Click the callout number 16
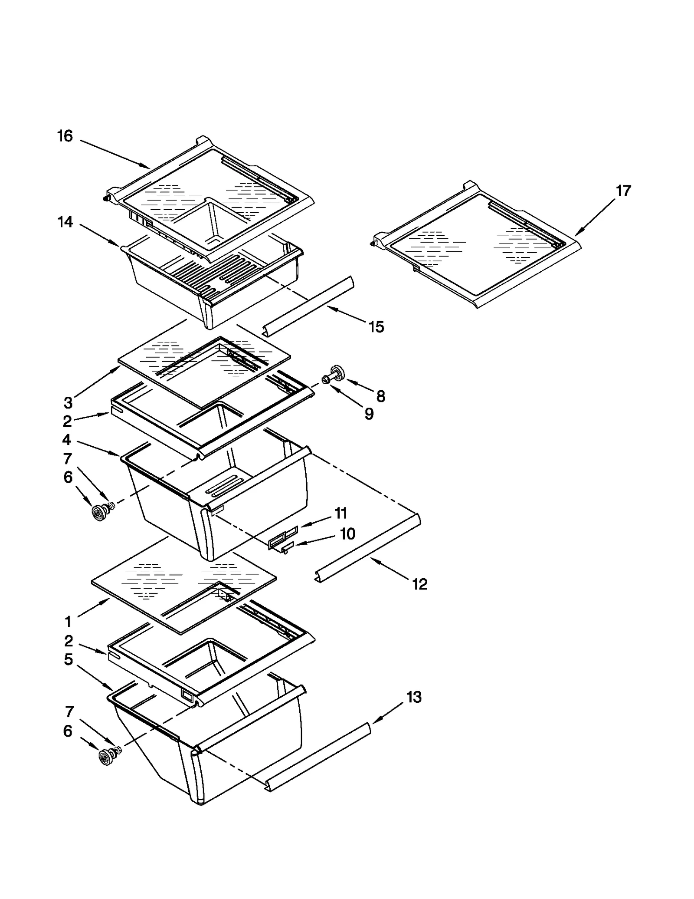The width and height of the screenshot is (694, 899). click(65, 136)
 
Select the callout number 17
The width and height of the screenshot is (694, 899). click(623, 191)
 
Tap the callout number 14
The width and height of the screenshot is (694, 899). click(65, 222)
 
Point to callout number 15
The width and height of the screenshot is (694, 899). click(376, 327)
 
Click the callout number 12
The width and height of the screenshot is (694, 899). click(419, 584)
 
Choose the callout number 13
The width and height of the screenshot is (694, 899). click(414, 697)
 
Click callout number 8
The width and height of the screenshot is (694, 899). click(380, 396)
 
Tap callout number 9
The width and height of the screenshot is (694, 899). click(369, 414)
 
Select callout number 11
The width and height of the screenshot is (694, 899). click(341, 513)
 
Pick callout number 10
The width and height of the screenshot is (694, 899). click(347, 534)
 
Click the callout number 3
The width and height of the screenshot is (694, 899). click(68, 403)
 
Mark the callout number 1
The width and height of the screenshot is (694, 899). click(68, 622)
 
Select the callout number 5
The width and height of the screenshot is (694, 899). click(68, 660)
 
